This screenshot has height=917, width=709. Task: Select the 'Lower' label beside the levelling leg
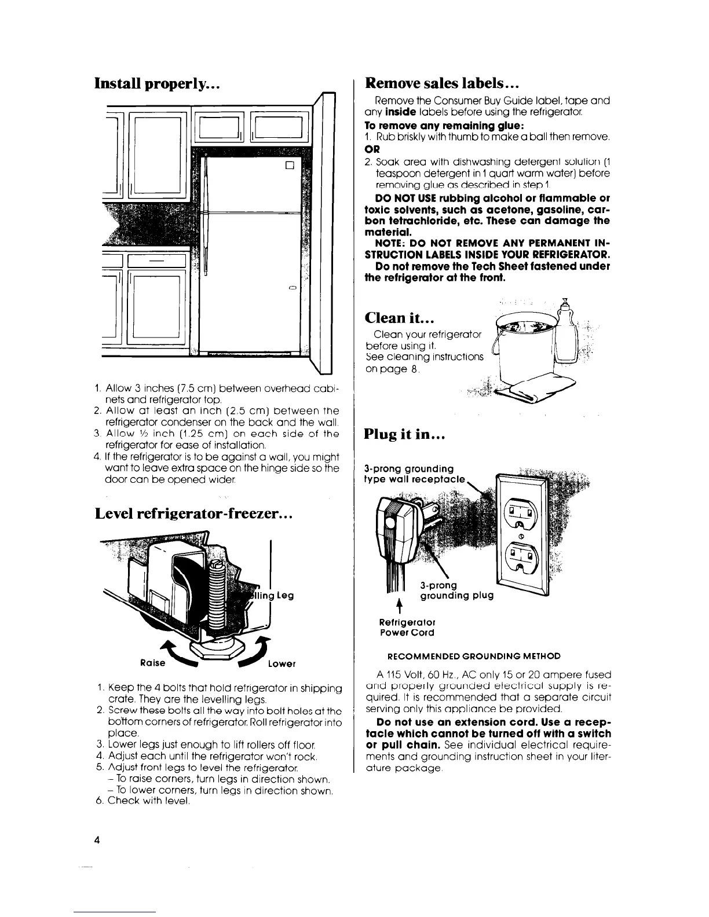(282, 663)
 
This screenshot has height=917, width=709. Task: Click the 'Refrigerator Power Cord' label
(406, 627)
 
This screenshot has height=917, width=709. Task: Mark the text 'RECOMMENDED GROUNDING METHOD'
(478, 656)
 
